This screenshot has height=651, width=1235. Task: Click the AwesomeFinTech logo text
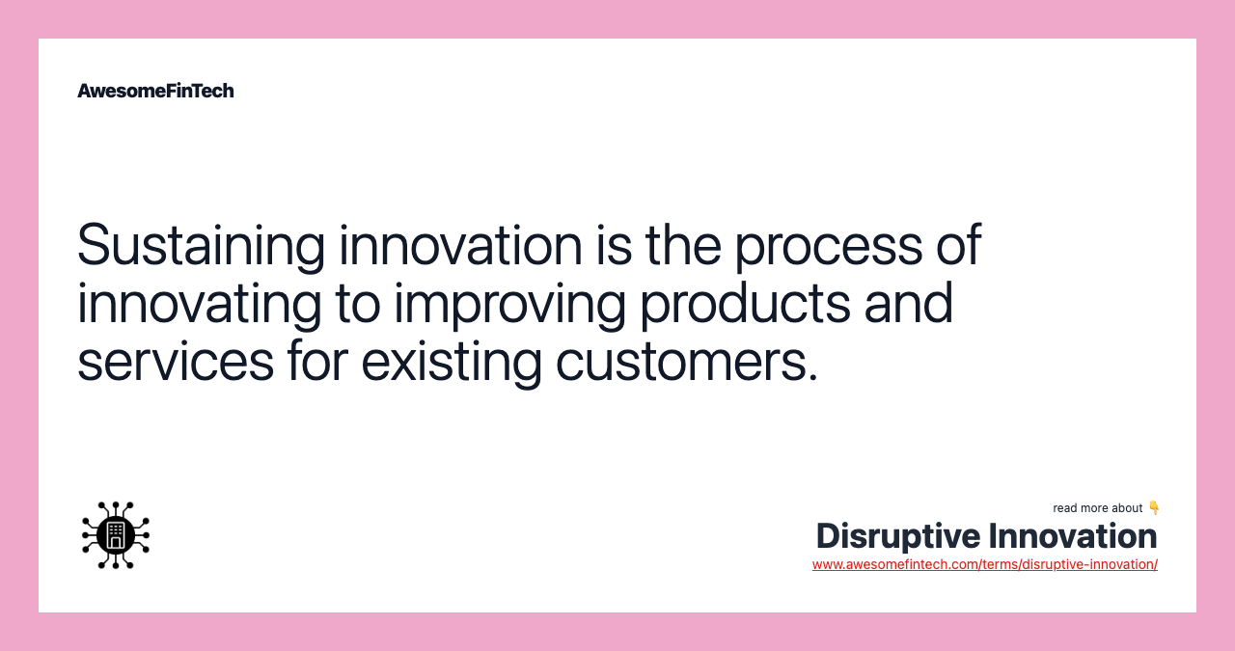click(155, 91)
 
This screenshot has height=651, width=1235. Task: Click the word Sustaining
click(202, 246)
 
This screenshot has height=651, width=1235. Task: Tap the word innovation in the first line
click(460, 245)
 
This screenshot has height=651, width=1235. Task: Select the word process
click(828, 249)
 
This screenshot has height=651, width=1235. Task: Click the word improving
click(510, 305)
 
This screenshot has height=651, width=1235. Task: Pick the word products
click(746, 305)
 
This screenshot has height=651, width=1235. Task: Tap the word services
click(176, 363)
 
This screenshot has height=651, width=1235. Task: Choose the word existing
click(452, 363)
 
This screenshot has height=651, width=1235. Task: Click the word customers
click(686, 364)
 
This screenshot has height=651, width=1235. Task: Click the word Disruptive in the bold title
click(897, 536)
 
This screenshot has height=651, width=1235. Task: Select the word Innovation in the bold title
click(1073, 536)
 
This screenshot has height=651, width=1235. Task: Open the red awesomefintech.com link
click(985, 564)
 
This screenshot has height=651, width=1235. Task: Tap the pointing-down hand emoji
click(1153, 507)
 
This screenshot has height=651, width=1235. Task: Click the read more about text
click(1097, 508)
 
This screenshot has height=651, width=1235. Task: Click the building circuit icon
click(116, 534)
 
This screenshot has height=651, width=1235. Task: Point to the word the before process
click(683, 245)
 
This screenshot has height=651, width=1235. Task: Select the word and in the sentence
click(909, 303)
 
